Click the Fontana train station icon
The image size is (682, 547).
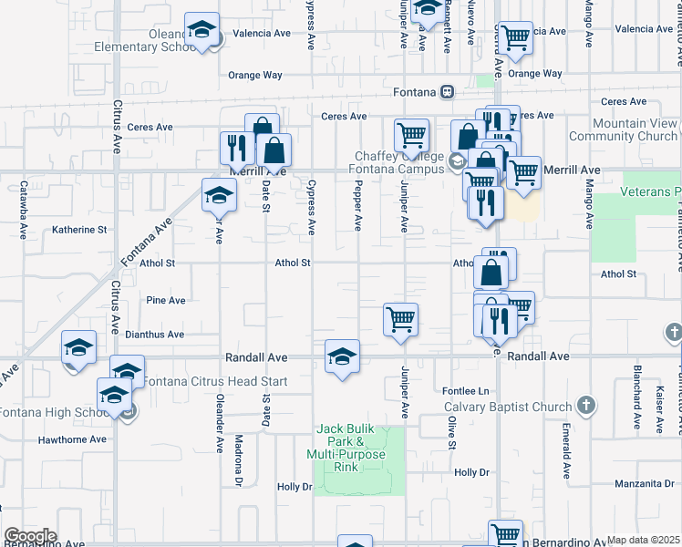point(447,91)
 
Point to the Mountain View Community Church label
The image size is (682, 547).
point(622,129)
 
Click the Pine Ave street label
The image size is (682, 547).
point(166,300)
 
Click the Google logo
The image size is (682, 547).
point(29,536)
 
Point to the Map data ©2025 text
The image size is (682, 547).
point(644,540)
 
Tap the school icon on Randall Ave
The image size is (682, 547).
point(342,356)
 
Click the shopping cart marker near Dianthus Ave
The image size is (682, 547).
point(400,320)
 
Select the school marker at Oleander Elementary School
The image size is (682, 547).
point(201,30)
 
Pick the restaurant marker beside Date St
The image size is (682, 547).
point(237,148)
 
